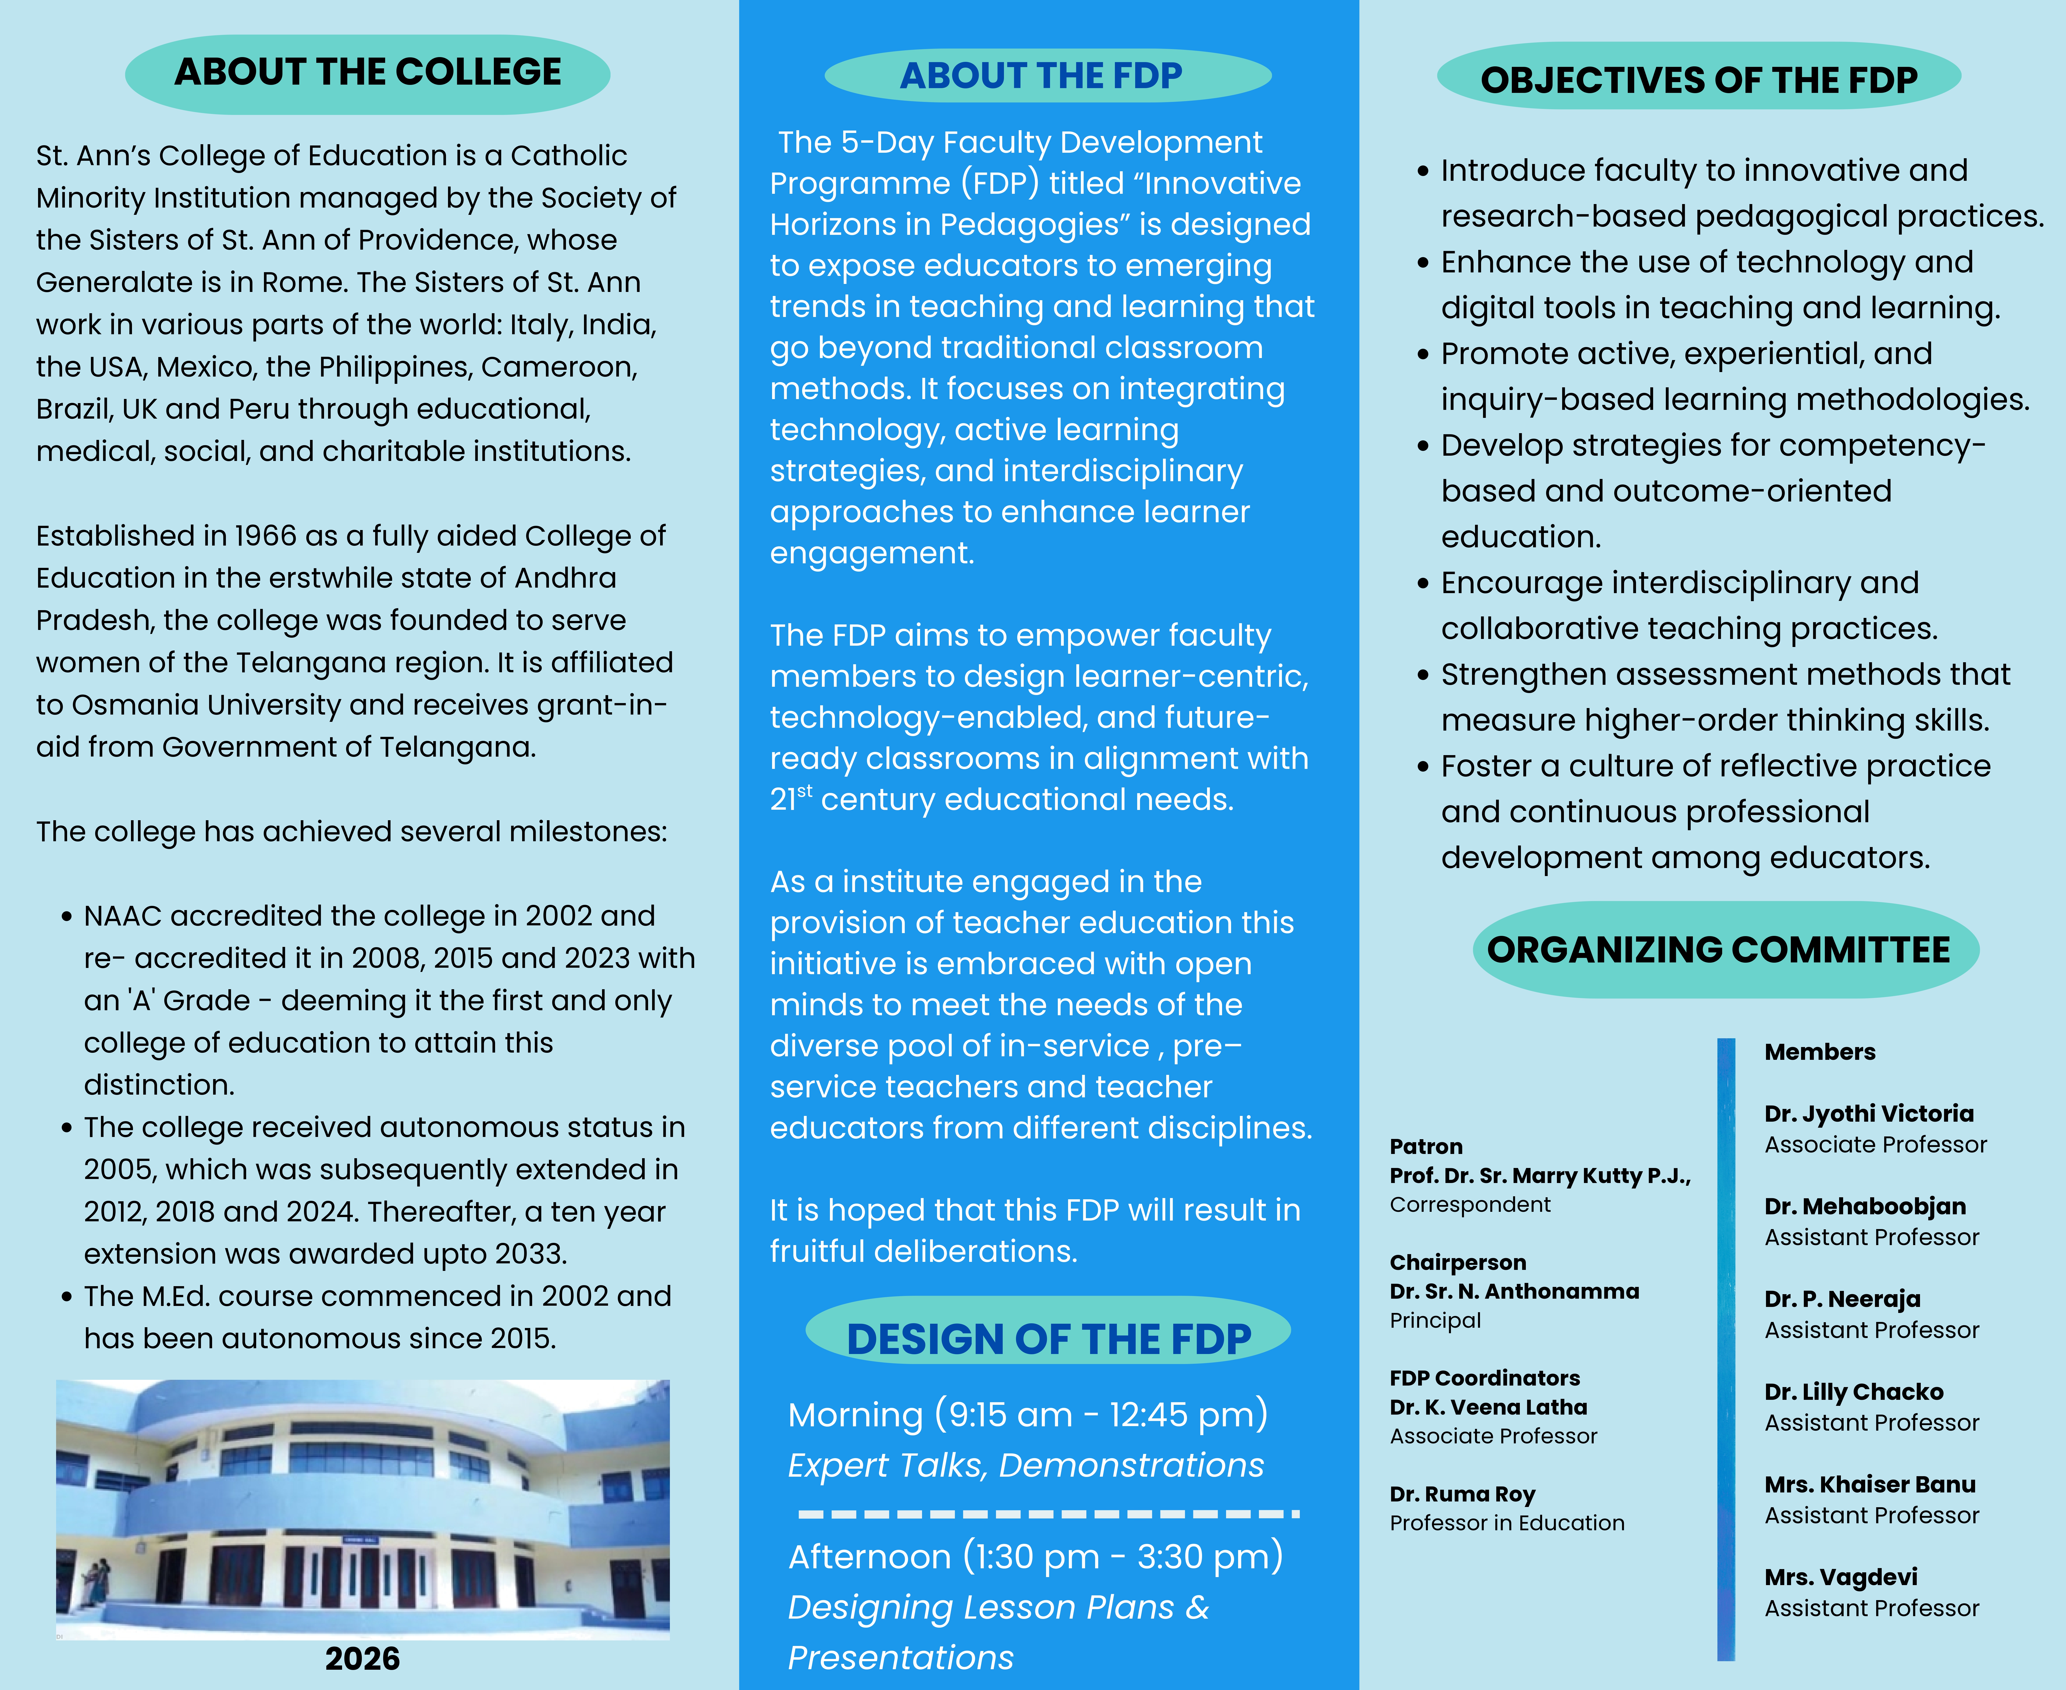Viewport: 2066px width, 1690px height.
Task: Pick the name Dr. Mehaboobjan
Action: point(1864,1206)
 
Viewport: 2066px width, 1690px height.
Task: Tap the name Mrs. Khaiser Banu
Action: point(1869,1485)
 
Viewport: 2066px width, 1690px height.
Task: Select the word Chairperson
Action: point(1457,1263)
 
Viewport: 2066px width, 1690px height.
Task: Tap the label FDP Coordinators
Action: point(1485,1379)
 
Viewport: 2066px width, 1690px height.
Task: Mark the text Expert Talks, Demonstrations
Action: point(1025,1465)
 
